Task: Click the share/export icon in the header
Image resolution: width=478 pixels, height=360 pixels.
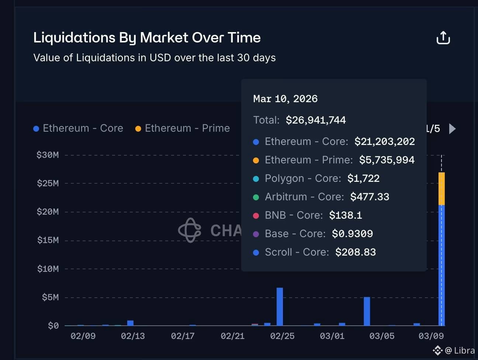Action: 443,38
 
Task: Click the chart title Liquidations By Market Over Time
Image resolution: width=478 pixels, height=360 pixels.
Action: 147,38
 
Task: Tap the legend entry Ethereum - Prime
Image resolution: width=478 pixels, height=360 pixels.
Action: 187,128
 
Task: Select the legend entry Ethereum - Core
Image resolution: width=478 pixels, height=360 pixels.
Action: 83,128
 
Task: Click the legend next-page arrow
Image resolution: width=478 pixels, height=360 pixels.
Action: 453,129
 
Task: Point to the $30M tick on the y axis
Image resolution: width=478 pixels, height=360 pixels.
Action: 48,155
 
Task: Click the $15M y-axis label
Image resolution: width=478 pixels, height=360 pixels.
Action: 48,240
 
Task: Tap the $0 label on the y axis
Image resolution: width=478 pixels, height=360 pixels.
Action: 53,326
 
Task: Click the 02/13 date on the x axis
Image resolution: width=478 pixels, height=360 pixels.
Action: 133,336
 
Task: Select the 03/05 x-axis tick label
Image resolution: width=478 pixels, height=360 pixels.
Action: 382,336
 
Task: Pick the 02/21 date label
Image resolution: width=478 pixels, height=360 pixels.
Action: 232,336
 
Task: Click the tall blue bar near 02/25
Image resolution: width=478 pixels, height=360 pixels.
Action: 280,307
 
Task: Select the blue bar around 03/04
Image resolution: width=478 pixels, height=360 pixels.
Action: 367,311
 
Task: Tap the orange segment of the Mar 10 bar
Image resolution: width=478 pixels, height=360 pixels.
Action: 441,188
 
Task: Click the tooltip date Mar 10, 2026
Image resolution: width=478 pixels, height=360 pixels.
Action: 285,99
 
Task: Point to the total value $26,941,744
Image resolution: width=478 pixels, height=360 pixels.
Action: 316,120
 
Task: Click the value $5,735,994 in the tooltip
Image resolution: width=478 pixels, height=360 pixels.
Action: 387,160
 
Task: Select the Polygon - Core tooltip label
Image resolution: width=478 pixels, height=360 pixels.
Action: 303,179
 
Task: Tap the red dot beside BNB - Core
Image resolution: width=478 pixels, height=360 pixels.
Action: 256,215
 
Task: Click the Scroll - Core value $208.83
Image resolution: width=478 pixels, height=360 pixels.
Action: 356,252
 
